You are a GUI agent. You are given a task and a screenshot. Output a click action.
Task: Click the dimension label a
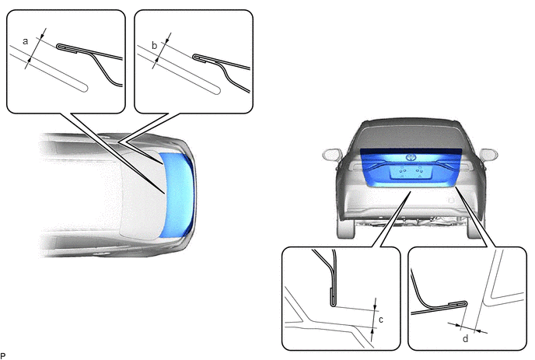coord(25,41)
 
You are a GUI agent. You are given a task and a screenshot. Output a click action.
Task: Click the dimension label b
coord(154,45)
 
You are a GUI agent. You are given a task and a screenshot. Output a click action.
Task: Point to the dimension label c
coord(381,320)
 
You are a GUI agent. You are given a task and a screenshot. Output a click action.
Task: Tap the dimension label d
coord(465,338)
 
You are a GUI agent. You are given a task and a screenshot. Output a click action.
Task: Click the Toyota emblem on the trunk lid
coord(410,158)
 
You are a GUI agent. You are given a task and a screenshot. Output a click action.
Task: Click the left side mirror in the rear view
coord(332,154)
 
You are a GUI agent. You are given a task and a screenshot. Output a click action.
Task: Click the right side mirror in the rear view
coord(489,154)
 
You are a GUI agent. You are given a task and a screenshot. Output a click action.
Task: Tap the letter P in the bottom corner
coord(3,357)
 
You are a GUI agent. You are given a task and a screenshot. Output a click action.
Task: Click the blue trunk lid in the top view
coord(178,194)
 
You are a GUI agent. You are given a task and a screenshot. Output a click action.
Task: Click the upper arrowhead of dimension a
coord(42,37)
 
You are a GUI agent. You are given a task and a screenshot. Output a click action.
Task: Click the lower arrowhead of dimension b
coord(157,61)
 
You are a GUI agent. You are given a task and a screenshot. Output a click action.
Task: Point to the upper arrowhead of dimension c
coord(376,308)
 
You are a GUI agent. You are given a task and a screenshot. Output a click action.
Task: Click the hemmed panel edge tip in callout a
coord(58,47)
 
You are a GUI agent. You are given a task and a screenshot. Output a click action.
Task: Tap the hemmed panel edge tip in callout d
coord(466,303)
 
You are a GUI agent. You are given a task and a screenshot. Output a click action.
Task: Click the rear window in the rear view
coord(411,135)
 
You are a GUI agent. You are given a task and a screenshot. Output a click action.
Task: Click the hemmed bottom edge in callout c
coord(334,304)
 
